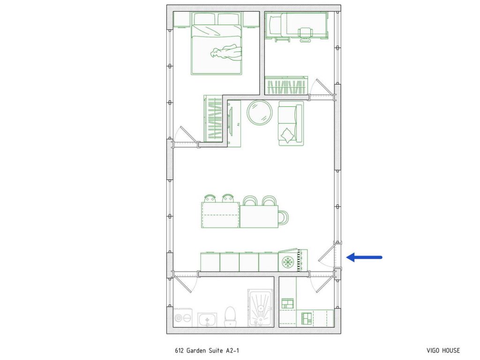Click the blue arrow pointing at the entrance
(365, 257)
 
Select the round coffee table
(260, 112)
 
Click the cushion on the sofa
(287, 135)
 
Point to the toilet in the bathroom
(230, 317)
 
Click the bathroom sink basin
(207, 320)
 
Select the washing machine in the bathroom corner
(182, 318)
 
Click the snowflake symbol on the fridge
(286, 261)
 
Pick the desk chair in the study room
(306, 34)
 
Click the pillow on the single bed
(274, 24)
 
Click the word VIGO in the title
(434, 350)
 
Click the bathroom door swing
(185, 283)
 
